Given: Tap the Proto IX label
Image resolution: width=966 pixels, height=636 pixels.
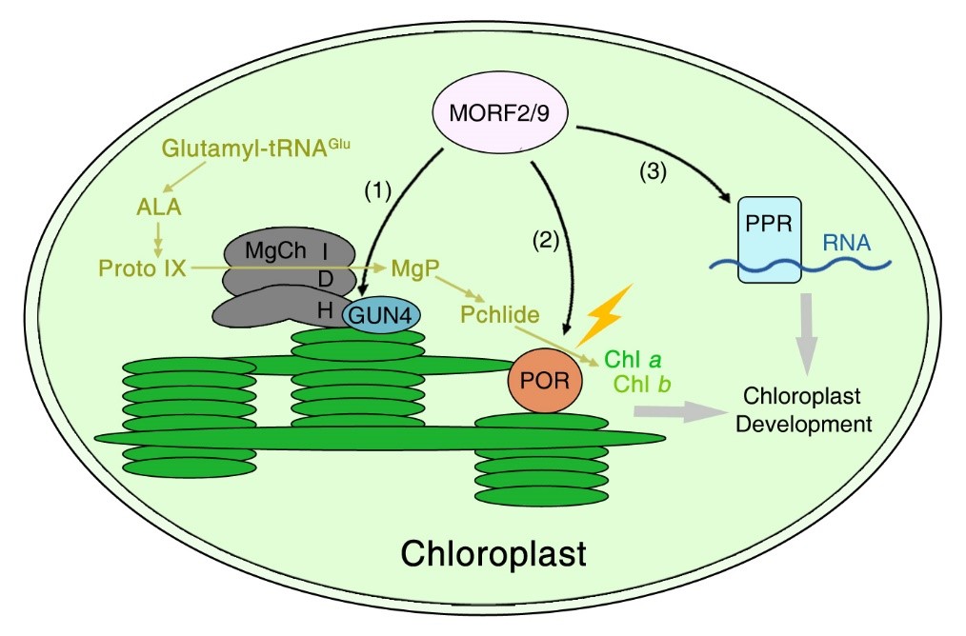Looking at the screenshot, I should (142, 268).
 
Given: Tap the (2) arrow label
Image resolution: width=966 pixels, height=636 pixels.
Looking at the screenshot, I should (547, 240).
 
